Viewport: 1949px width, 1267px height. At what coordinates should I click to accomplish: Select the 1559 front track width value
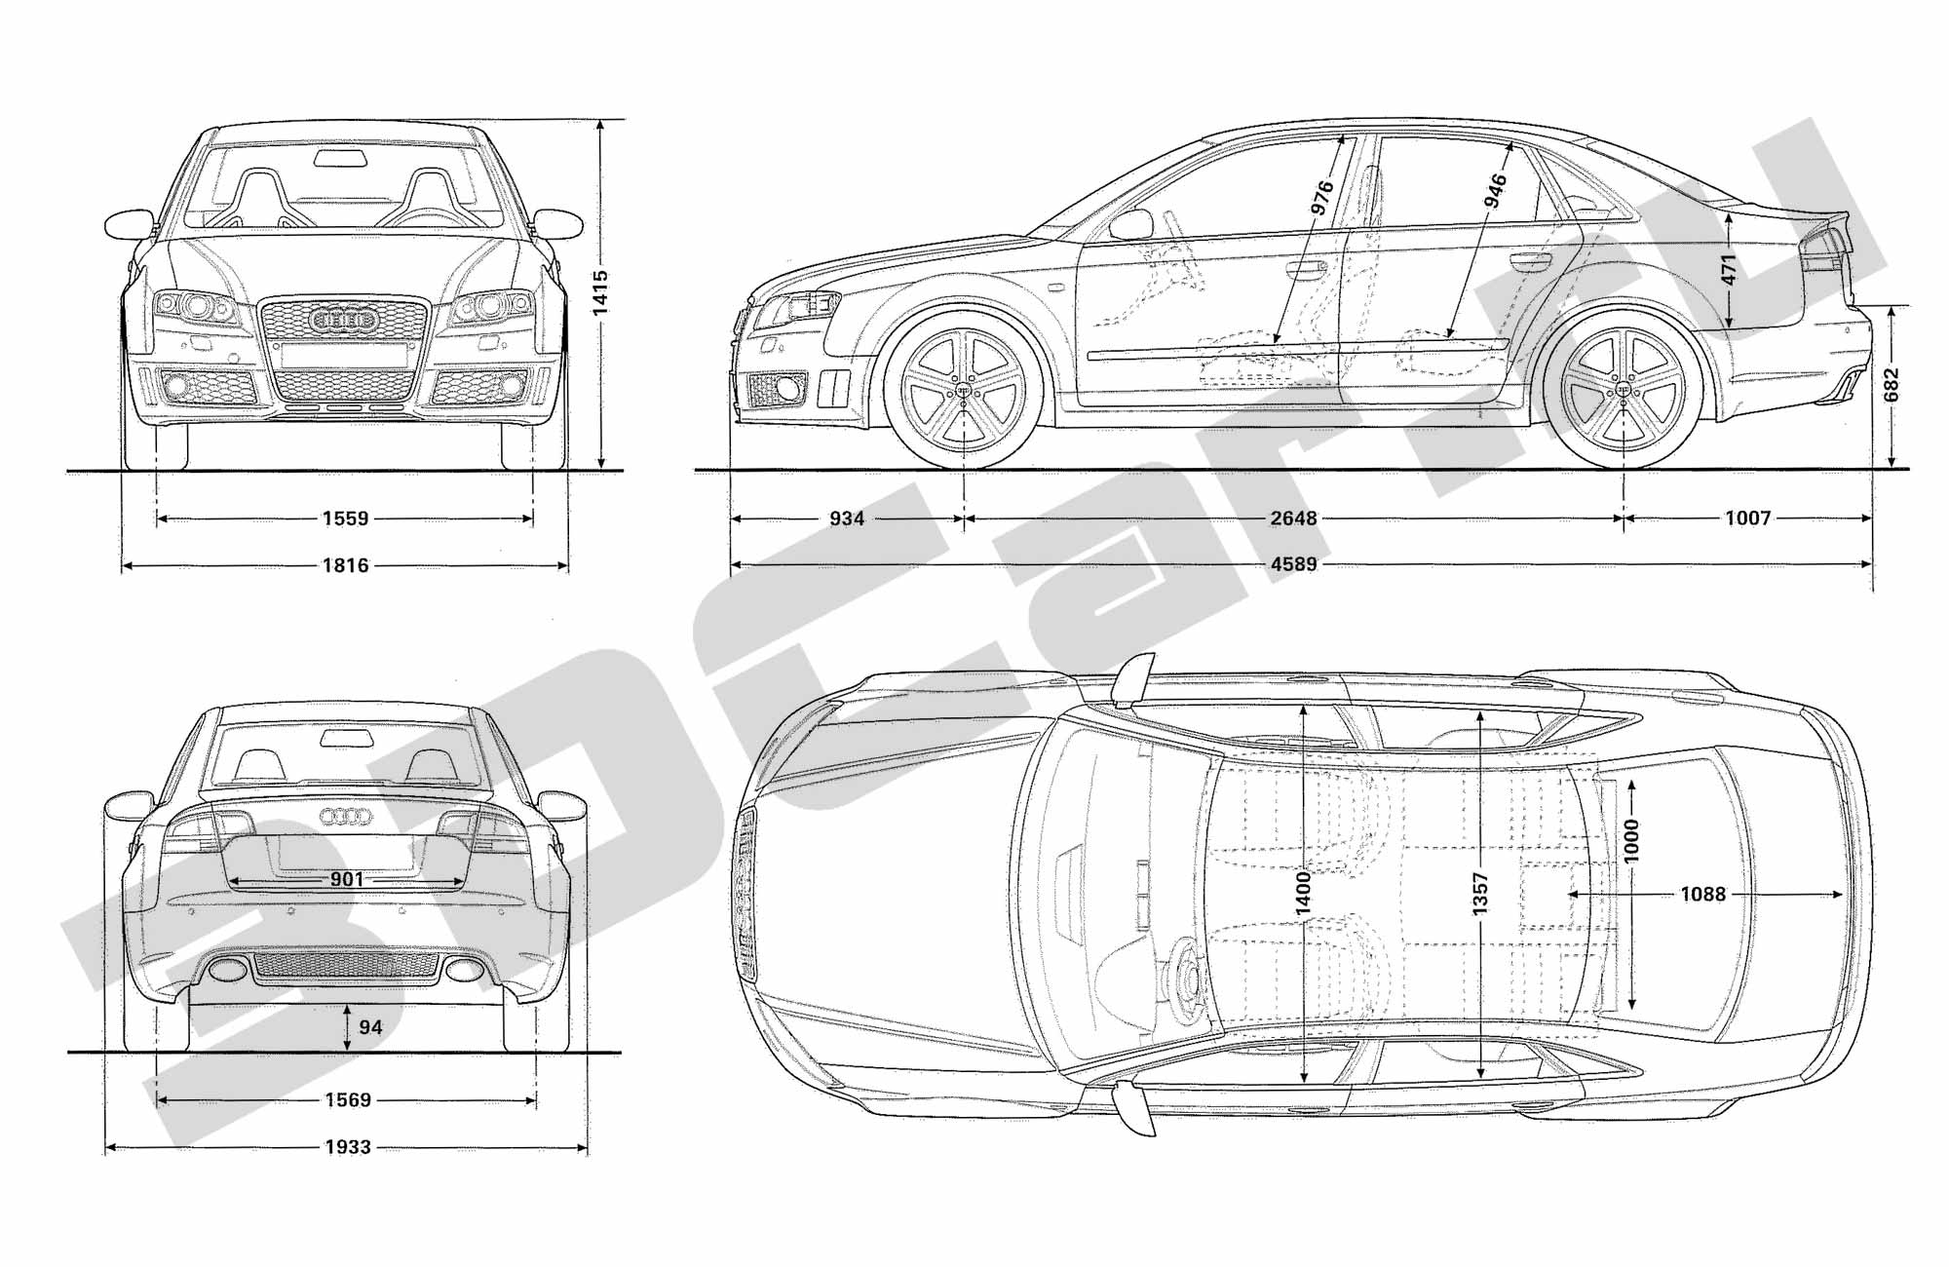coord(346,518)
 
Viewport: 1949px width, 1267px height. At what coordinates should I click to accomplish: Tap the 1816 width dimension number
coord(346,565)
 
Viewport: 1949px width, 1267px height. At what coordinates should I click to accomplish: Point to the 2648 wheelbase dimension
coord(1293,518)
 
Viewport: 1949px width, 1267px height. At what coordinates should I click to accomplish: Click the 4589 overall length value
coord(1293,564)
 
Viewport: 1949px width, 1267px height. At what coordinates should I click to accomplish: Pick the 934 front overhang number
coord(847,518)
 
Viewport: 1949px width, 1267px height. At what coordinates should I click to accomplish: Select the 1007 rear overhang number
coord(1747,518)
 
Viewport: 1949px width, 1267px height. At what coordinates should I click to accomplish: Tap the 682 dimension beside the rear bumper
coord(1892,385)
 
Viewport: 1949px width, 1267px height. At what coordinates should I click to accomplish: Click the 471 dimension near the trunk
coord(1728,270)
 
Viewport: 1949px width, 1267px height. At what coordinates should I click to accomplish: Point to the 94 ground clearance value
coord(370,1027)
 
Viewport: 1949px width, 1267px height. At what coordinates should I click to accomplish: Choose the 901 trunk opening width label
coord(347,879)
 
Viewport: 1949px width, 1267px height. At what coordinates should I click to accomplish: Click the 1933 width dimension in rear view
coord(348,1147)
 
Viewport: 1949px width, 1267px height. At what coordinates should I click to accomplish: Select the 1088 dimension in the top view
coord(1702,894)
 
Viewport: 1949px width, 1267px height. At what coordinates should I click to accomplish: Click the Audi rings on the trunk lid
coord(346,817)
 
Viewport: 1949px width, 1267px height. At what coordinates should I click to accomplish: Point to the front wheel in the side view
coord(964,387)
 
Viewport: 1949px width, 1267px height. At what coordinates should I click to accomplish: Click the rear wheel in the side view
coord(1624,387)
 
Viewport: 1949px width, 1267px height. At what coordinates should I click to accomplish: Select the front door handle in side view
coord(1305,267)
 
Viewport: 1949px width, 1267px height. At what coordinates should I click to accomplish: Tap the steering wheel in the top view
coord(1185,979)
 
